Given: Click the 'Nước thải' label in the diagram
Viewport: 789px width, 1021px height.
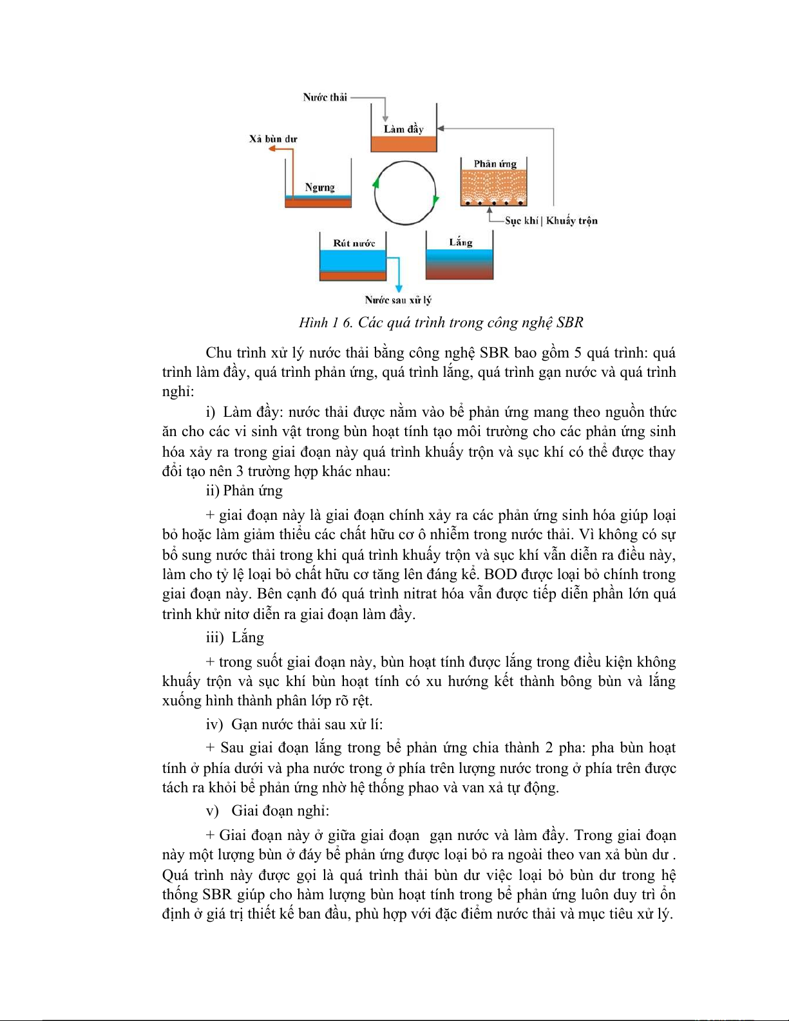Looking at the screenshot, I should [325, 97].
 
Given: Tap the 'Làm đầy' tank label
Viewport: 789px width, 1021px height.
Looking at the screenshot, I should [404, 129].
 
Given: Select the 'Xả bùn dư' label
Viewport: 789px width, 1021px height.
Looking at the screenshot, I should [273, 138].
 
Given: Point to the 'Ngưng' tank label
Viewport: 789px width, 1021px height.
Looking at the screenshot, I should [319, 187].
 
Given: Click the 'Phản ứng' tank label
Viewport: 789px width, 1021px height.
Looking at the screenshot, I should [495, 164].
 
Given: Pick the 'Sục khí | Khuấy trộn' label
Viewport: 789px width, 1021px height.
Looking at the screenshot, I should [551, 221].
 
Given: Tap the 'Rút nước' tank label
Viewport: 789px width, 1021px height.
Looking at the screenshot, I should [354, 243].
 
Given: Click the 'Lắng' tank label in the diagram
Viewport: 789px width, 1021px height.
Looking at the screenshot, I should [461, 242].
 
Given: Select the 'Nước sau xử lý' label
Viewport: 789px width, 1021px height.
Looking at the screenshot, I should [398, 300].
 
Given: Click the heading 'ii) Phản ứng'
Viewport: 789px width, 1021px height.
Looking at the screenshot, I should [244, 491].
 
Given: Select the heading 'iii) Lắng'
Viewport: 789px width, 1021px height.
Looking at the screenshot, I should [235, 638].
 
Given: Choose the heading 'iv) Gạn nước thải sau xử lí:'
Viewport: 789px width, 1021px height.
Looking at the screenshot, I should [294, 725].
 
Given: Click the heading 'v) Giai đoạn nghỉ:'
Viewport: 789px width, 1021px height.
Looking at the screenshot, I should [267, 811].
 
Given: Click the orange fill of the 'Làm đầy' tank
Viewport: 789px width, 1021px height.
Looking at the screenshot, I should [404, 144].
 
